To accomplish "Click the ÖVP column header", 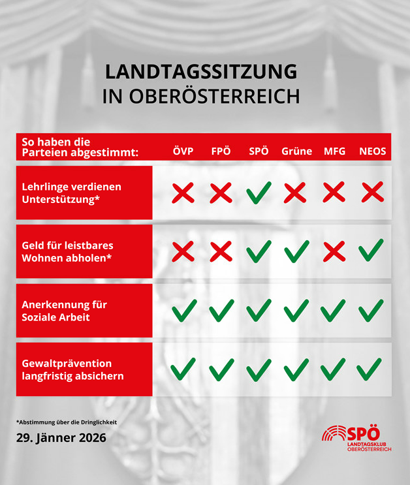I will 183,151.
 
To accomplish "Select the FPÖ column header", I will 221,151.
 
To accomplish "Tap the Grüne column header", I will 296,151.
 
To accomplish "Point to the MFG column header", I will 334,151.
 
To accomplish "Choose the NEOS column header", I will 372,151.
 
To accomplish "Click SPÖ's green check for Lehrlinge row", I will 259,193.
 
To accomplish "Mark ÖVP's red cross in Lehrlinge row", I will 183,193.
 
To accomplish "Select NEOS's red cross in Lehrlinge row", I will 372,193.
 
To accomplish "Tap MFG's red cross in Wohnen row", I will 334,251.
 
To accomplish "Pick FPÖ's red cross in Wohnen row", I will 221,251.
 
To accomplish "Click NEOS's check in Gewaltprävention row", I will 370,369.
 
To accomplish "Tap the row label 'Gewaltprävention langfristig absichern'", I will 72,369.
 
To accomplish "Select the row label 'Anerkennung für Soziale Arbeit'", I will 65,311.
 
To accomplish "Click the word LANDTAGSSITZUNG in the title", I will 201,71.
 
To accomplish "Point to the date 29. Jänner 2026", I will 61,437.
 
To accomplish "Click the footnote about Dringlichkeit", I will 67,422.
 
